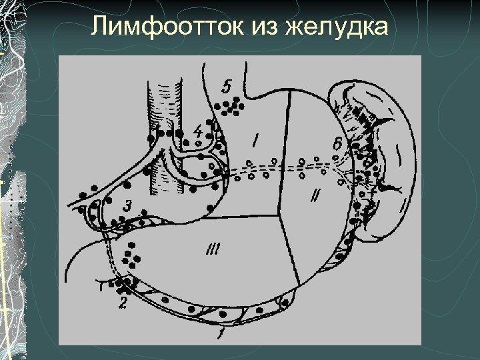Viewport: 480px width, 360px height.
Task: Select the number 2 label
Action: tap(122, 303)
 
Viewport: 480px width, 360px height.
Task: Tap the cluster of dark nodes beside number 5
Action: tap(231, 106)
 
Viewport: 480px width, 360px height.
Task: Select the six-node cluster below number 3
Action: tap(134, 252)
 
